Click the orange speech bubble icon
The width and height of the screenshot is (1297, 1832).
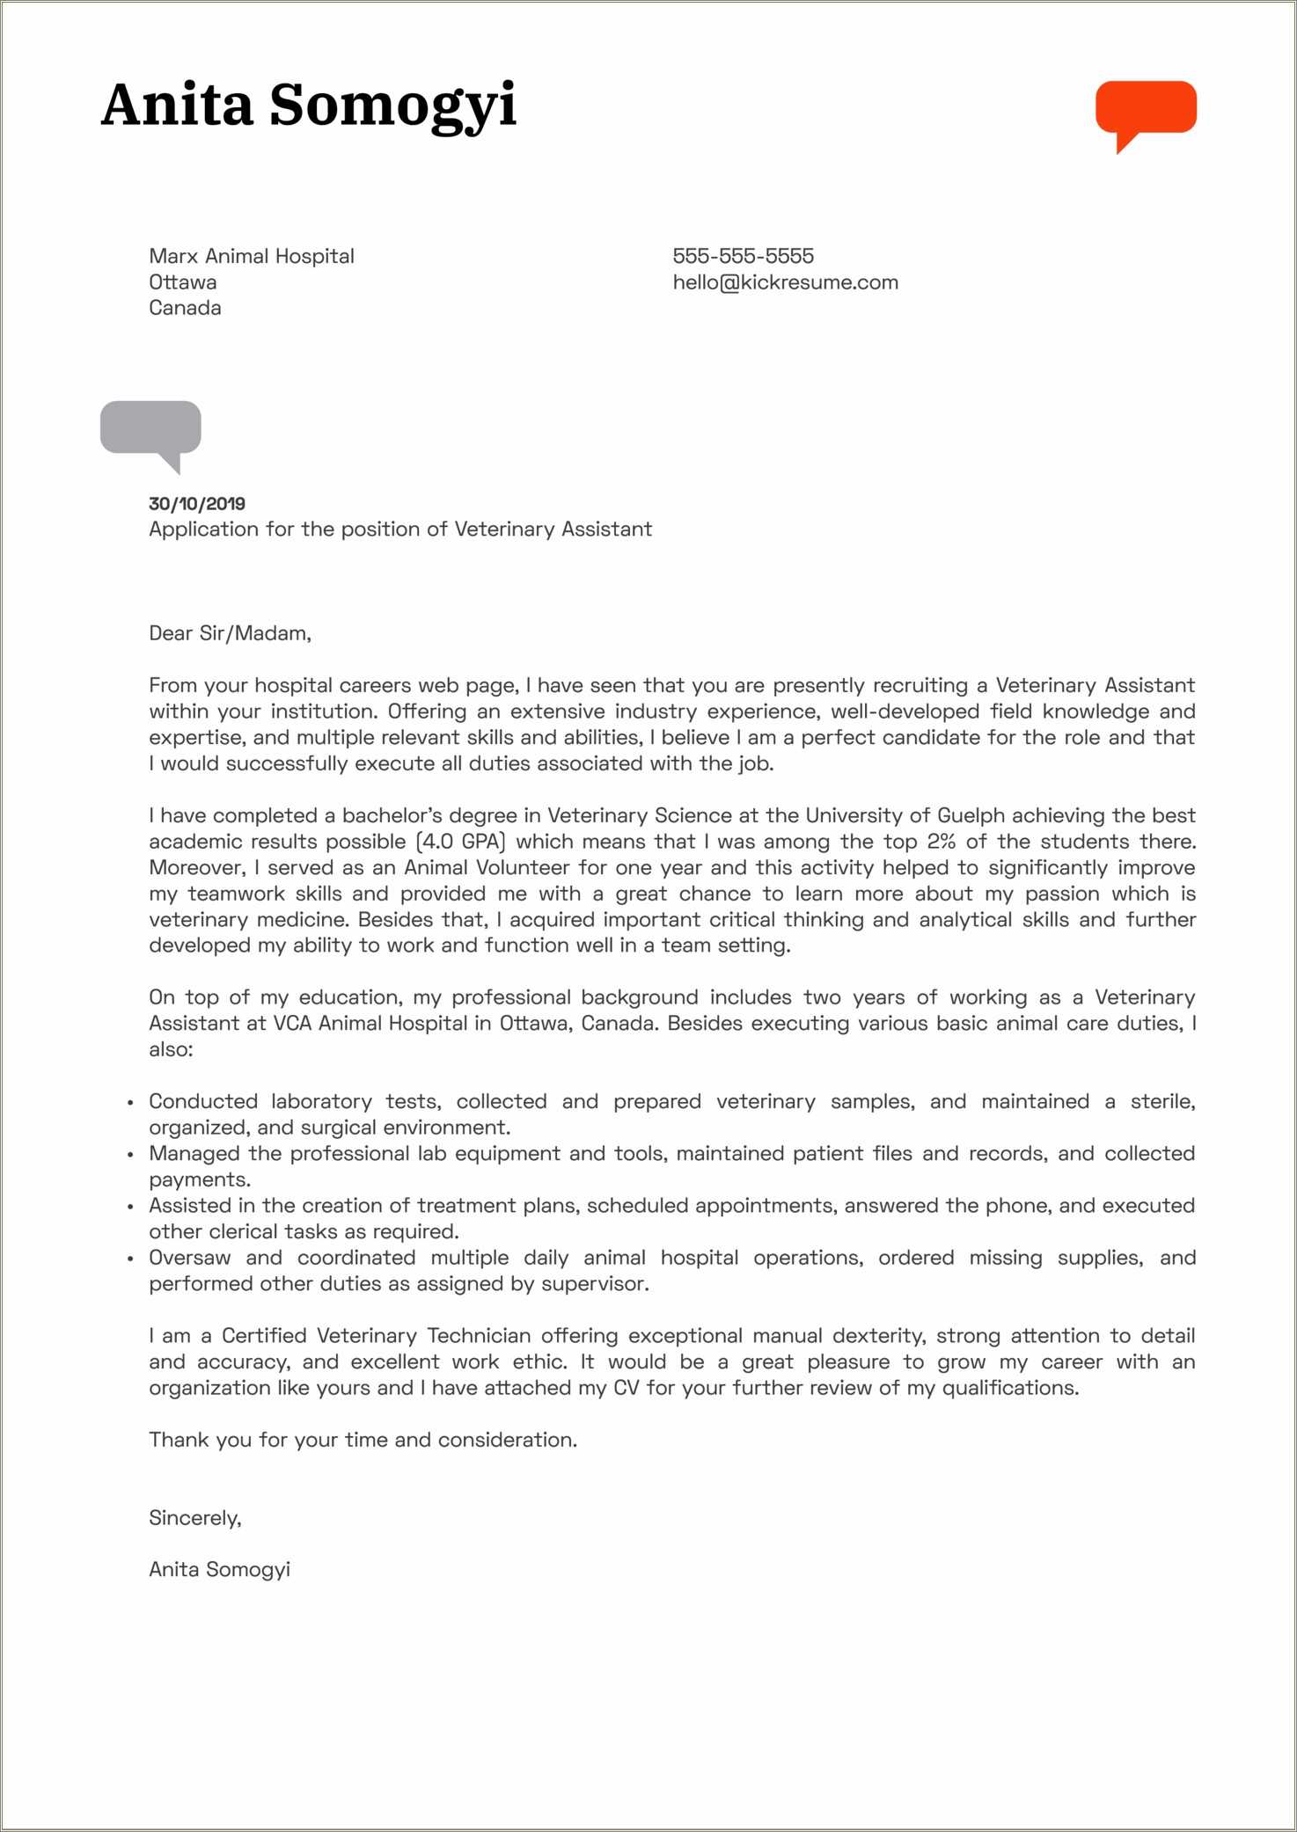[x=1145, y=109]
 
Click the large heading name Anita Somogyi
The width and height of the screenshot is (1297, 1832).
[x=308, y=106]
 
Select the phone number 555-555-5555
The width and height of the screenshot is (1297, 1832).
[x=743, y=256]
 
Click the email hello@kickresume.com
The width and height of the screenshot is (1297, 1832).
[x=785, y=282]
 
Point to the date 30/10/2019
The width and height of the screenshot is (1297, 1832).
[x=197, y=504]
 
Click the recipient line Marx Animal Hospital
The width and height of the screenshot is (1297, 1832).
[x=251, y=256]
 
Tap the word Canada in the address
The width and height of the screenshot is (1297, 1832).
[x=185, y=308]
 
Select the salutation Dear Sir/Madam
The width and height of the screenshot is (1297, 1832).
[x=230, y=633]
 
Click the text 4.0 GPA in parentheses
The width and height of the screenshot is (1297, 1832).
[x=461, y=842]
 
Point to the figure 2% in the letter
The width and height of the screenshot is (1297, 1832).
[x=941, y=842]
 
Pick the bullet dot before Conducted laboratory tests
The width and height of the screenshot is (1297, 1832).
[x=130, y=1103]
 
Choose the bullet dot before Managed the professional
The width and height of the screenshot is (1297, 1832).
[x=130, y=1155]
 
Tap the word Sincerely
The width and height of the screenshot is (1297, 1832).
[x=194, y=1518]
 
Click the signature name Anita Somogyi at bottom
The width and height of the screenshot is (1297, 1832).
[x=219, y=1570]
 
